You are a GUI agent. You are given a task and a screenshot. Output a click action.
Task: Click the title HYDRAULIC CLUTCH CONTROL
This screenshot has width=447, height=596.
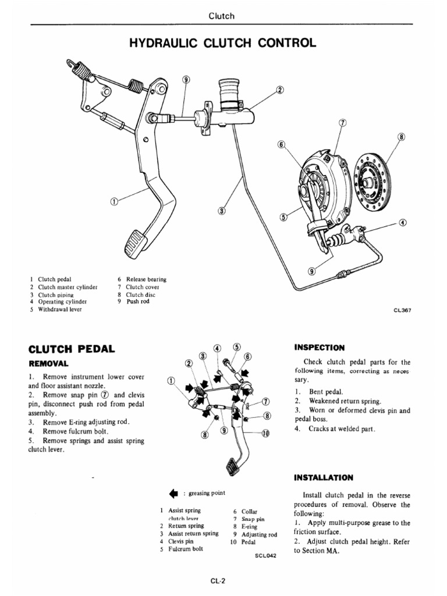click(223, 43)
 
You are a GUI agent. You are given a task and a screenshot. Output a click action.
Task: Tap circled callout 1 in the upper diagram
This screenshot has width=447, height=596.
click(115, 201)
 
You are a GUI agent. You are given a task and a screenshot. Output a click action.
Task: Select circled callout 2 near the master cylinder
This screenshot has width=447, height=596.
click(279, 90)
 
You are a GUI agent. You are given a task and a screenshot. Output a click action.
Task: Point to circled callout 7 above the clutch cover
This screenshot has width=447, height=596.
click(342, 124)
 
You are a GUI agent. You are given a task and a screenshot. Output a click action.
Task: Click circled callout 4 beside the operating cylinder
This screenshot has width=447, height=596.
click(403, 222)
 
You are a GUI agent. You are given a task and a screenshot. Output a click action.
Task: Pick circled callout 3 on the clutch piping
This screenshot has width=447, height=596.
click(222, 210)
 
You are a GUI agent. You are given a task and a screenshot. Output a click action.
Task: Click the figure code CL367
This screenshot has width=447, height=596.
click(402, 310)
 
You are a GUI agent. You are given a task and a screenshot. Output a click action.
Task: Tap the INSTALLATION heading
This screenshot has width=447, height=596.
click(324, 477)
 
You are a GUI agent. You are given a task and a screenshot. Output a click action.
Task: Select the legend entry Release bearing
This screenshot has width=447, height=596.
click(146, 279)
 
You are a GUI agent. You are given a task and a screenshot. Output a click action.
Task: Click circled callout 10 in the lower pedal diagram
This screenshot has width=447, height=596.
click(266, 433)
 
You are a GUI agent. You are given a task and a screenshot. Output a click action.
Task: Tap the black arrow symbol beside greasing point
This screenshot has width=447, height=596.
click(172, 494)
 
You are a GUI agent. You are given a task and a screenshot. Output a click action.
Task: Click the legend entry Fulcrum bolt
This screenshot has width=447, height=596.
click(186, 549)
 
